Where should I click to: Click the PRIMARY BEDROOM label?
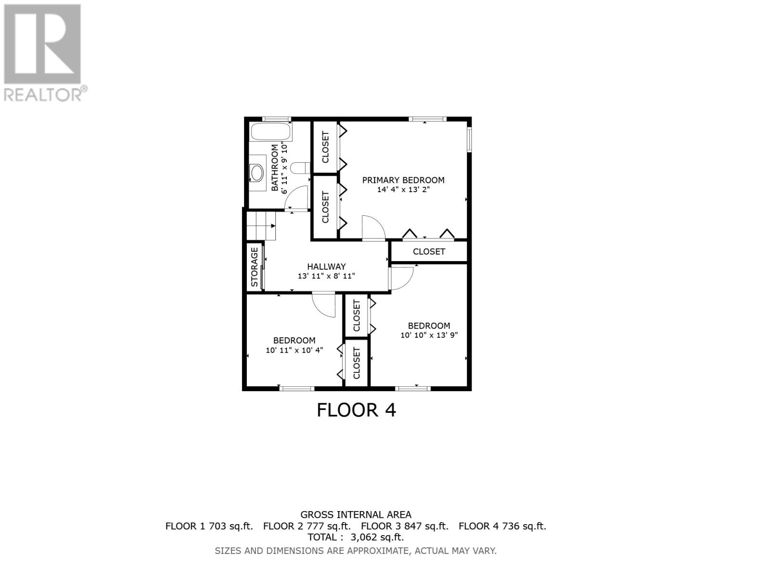point(403,180)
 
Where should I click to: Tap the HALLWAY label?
point(326,266)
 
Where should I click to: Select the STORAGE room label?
point(255,267)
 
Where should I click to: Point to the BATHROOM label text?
point(275,168)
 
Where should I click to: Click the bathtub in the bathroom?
point(271,131)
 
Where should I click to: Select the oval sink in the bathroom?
point(257,172)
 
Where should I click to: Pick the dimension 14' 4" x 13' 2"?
point(403,190)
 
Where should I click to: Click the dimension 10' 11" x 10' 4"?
point(294,350)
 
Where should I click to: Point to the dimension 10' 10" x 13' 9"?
point(429,335)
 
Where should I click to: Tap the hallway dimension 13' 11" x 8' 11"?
point(326,276)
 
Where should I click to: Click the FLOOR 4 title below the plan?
point(356,410)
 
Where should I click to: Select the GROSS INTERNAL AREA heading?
point(356,515)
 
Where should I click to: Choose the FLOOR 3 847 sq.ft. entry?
point(404,526)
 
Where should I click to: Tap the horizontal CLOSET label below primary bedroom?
point(429,251)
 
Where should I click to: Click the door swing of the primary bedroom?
point(373,227)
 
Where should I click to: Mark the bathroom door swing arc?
point(298,198)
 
